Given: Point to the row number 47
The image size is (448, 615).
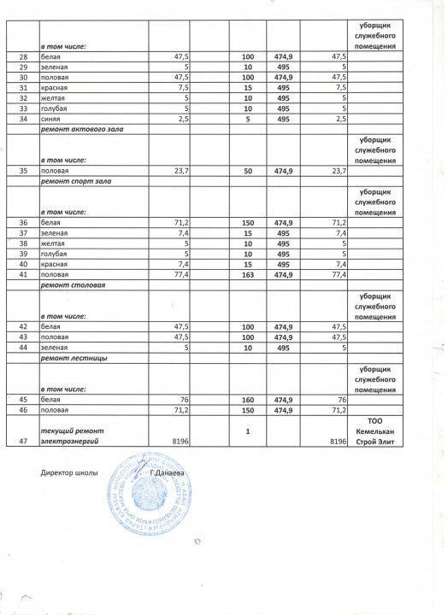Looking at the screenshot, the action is [x=24, y=440].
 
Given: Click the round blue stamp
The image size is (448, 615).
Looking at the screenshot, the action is [x=159, y=500].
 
